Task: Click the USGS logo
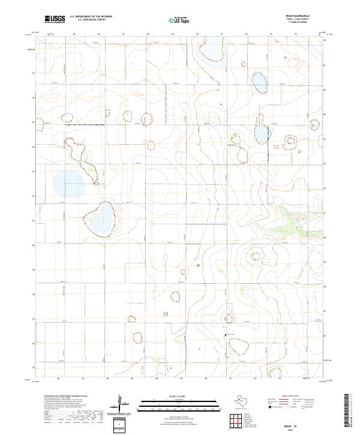click(55, 19)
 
